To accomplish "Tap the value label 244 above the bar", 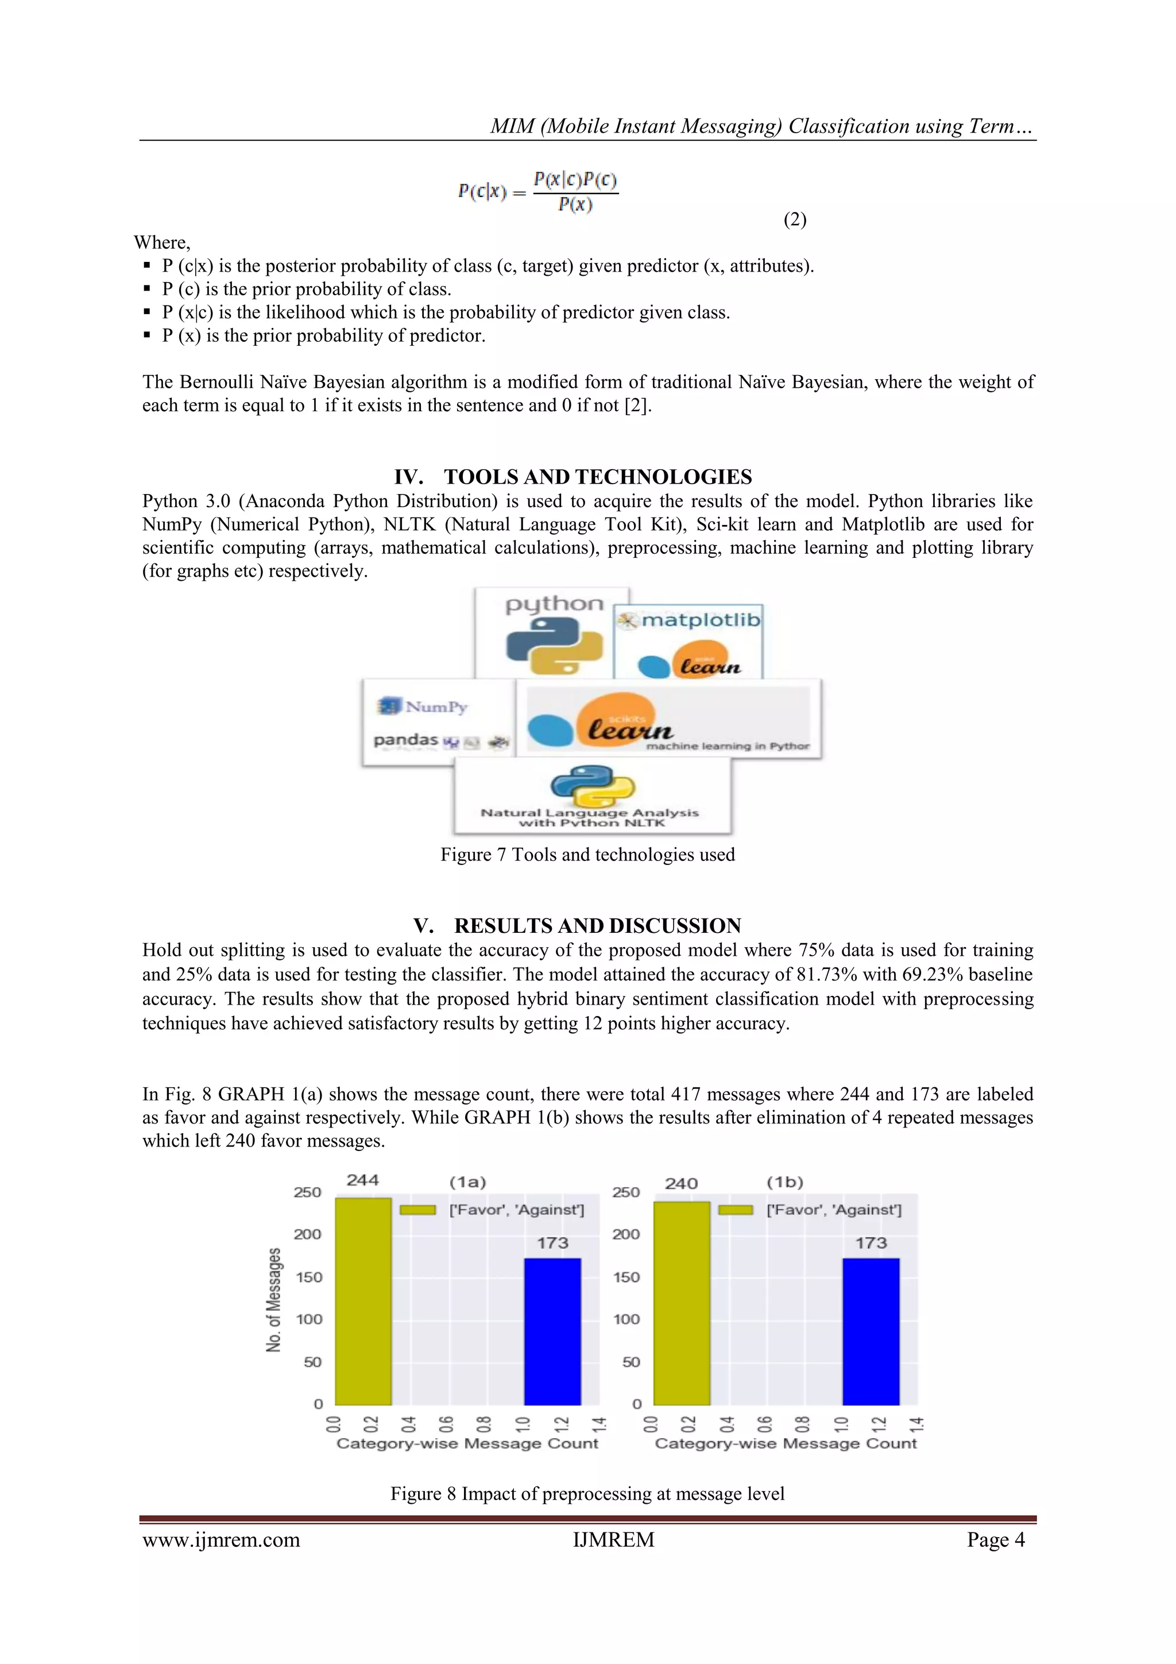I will (x=362, y=1180).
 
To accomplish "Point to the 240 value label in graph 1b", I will (x=681, y=1183).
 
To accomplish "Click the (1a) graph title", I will (x=467, y=1182).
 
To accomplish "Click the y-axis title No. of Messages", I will (x=273, y=1299).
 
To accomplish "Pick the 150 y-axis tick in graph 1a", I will (x=309, y=1277).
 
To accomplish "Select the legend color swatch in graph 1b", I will (x=735, y=1210).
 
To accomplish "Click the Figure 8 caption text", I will (x=587, y=1493).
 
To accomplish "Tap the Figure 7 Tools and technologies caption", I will (x=587, y=855).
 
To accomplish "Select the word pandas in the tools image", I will (x=406, y=740).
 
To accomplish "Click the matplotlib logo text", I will (x=700, y=620).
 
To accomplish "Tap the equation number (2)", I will (x=794, y=219).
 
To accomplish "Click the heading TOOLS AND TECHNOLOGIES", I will (x=597, y=477).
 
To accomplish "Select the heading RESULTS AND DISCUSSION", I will (x=597, y=925).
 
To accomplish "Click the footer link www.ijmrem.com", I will (x=221, y=1539).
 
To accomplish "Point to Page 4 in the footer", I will (x=995, y=1539).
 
